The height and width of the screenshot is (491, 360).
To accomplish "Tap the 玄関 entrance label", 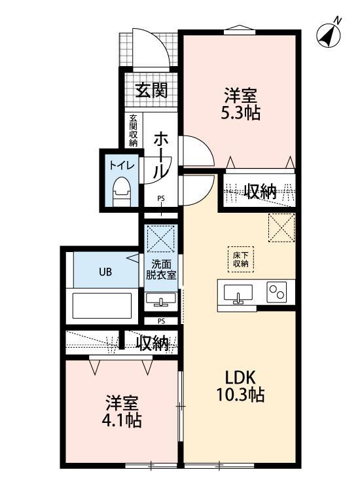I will click(151, 90).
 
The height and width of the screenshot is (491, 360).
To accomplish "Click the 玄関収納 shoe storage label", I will click(134, 130).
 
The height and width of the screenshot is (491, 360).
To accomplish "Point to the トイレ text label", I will click(122, 166).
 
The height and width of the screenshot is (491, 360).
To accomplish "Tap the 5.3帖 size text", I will click(241, 113).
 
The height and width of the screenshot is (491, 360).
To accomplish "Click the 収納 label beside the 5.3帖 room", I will click(261, 191).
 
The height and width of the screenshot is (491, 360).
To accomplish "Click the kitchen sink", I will click(238, 293).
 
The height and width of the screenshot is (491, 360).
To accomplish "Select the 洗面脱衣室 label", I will click(160, 270).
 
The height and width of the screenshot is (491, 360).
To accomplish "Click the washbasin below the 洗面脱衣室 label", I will click(160, 301).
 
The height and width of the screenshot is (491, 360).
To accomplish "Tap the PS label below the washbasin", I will click(161, 321).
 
